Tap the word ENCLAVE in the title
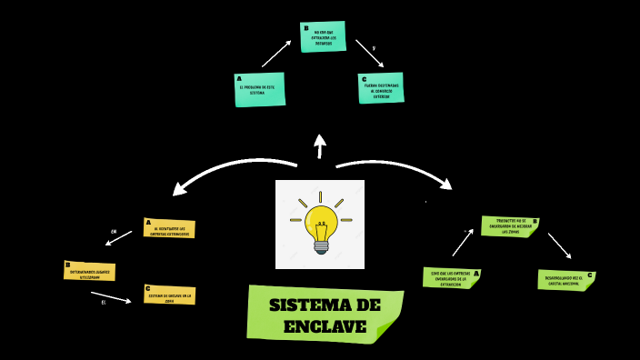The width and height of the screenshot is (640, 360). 325,326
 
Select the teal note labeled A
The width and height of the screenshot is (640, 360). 259,90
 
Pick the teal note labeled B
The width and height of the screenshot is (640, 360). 323,36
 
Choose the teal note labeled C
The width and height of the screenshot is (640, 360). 381,88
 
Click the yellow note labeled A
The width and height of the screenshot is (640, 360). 169,228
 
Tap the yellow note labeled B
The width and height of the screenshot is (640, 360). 89,271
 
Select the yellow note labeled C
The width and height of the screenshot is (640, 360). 169,295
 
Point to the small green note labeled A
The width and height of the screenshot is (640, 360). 451,278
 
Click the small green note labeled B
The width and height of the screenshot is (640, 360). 509,226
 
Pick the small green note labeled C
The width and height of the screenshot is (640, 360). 565,280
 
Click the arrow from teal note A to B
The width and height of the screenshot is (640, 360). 276,54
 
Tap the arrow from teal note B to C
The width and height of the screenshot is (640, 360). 369,53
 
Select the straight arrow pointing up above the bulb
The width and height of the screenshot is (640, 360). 320,146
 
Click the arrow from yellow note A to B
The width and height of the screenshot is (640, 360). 119,238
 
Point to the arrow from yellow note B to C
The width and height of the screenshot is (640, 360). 111,296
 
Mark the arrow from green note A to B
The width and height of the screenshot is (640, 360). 463,243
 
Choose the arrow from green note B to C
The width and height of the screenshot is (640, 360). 559,245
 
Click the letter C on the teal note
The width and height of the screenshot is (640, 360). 364,79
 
